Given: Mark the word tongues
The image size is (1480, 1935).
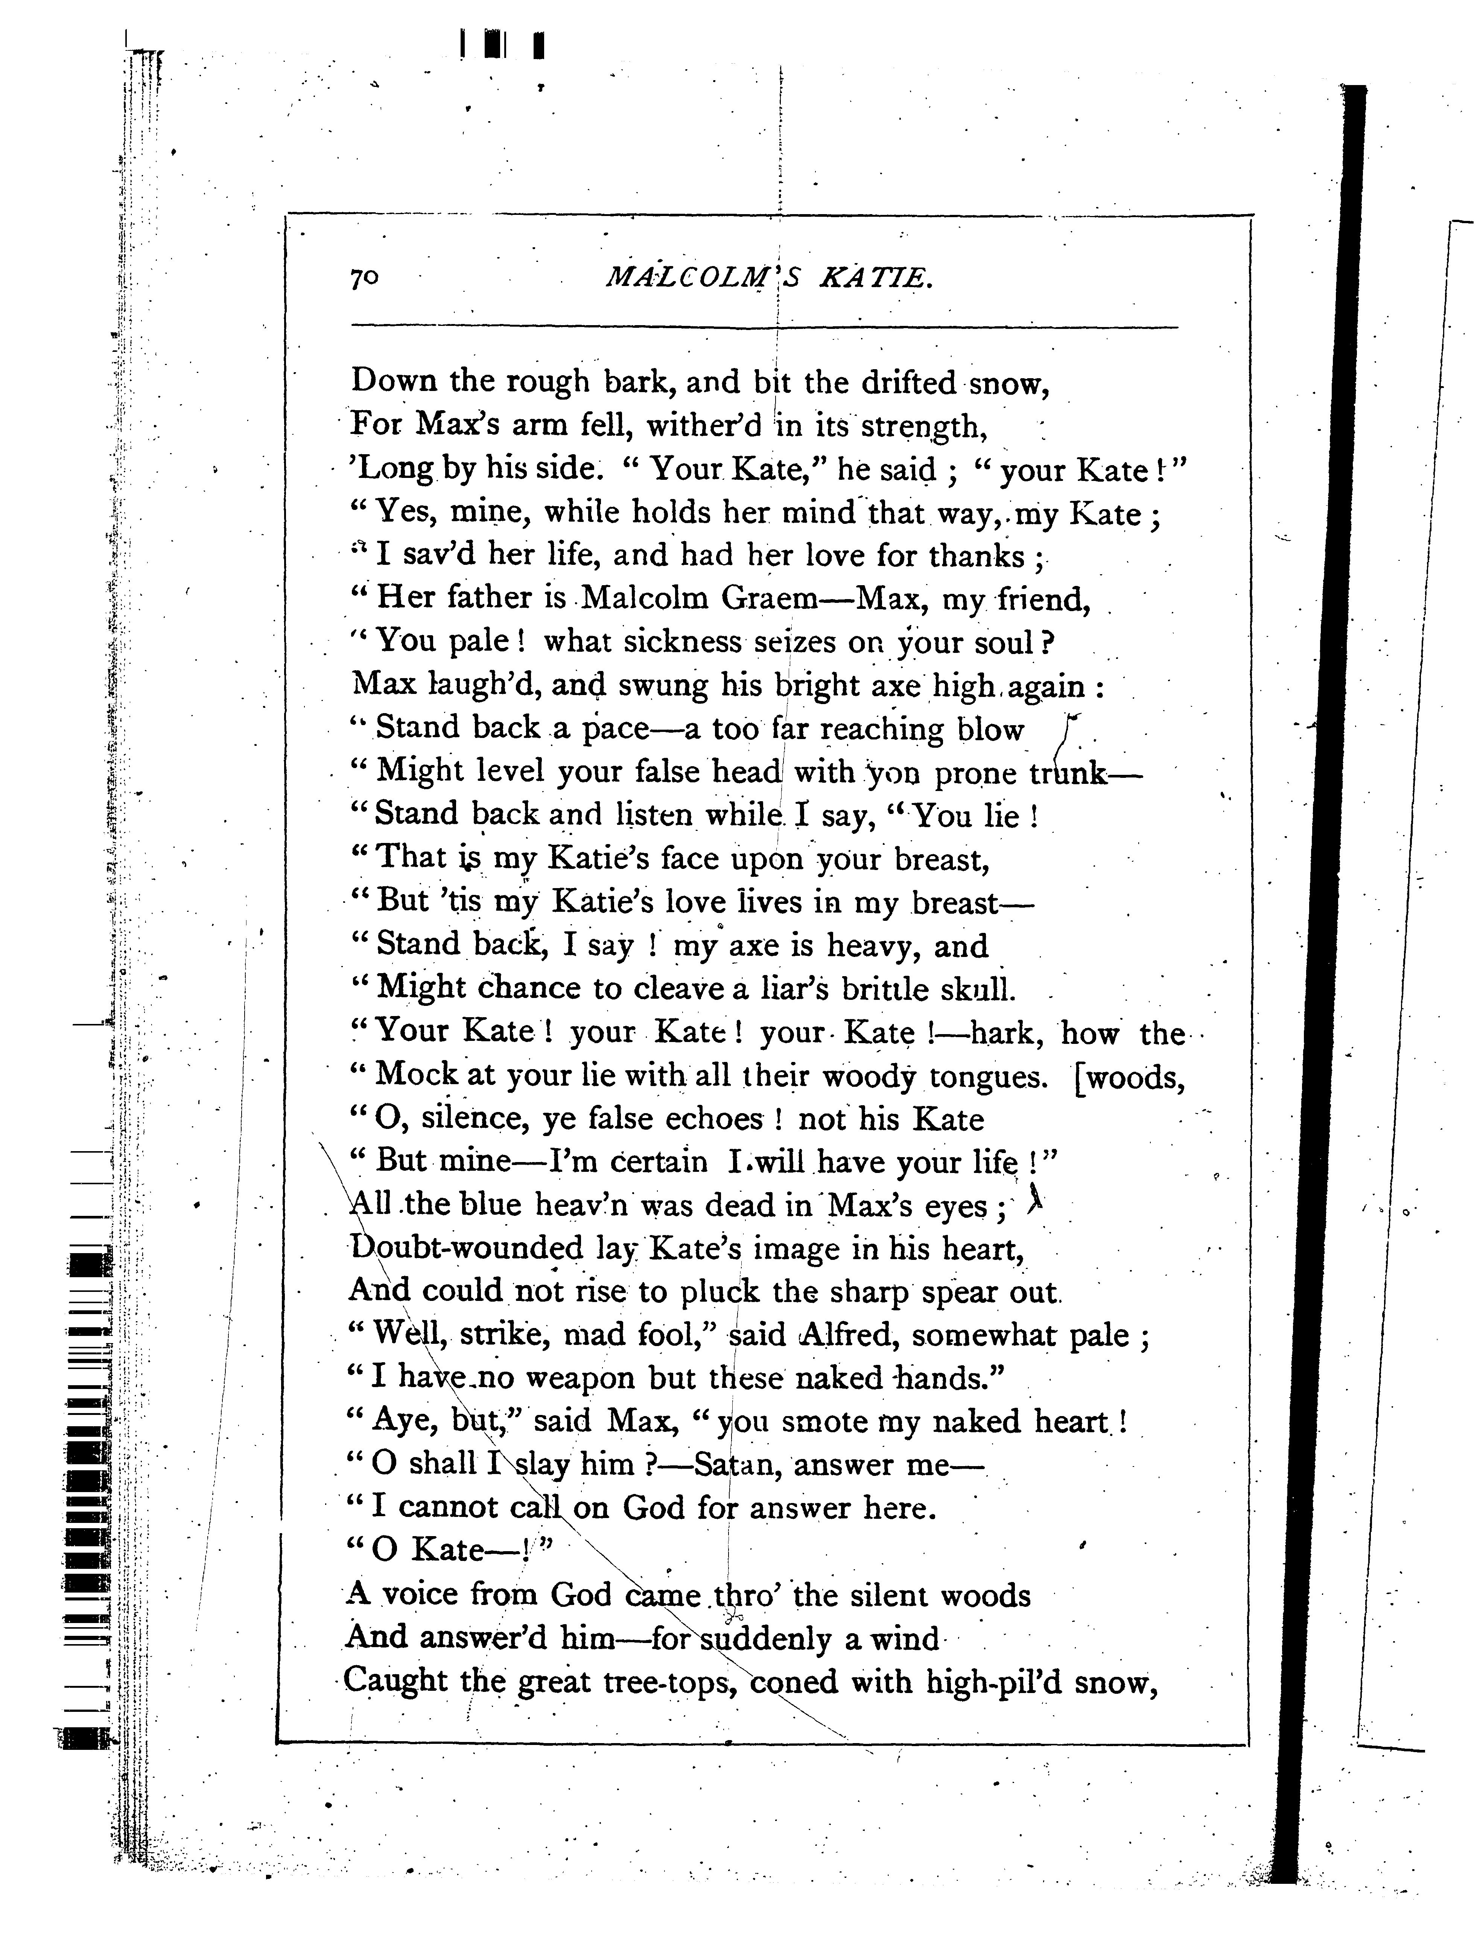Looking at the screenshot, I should [x=987, y=1076].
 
